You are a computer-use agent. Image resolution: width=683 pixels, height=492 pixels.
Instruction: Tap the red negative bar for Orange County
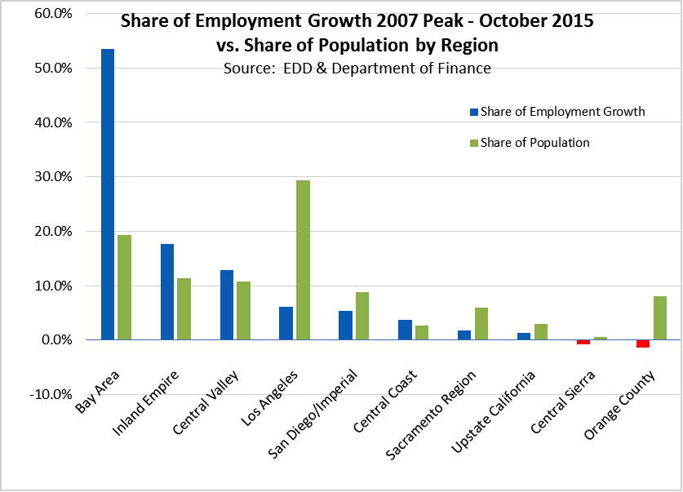[643, 344]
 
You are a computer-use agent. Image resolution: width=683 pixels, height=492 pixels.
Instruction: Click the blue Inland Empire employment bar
[167, 291]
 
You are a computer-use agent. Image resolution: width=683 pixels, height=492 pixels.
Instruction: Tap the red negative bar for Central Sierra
[583, 342]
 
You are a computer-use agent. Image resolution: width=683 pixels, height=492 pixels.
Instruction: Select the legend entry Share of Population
[534, 143]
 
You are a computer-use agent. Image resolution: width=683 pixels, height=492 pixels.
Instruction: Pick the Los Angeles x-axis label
[268, 397]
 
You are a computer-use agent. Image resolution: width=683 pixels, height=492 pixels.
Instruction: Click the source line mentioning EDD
[357, 69]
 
